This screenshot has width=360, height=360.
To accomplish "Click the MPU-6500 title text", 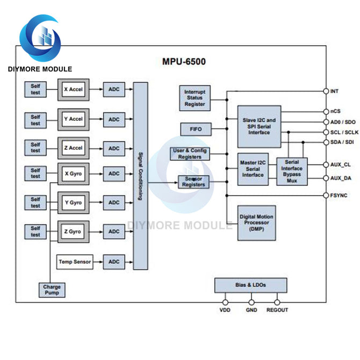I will pos(184,62).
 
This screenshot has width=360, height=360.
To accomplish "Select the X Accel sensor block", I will pos(73,89).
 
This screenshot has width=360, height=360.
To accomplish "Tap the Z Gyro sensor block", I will pos(73,232).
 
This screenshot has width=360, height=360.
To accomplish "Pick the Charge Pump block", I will pos(52,290).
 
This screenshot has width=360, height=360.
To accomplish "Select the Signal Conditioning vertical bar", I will pos(140,176).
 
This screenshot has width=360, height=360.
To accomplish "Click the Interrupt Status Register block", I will pos(195,98).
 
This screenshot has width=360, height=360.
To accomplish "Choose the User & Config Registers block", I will pos(189,154).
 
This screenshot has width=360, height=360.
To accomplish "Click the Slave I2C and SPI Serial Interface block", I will pos(259,126).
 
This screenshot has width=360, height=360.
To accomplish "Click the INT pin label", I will pos(335,91).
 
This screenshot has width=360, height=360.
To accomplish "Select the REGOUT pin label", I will pos(277,310).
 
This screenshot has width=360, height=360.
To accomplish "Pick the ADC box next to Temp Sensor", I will pos(114,262).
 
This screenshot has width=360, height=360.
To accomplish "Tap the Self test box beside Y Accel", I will pos(35,119).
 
